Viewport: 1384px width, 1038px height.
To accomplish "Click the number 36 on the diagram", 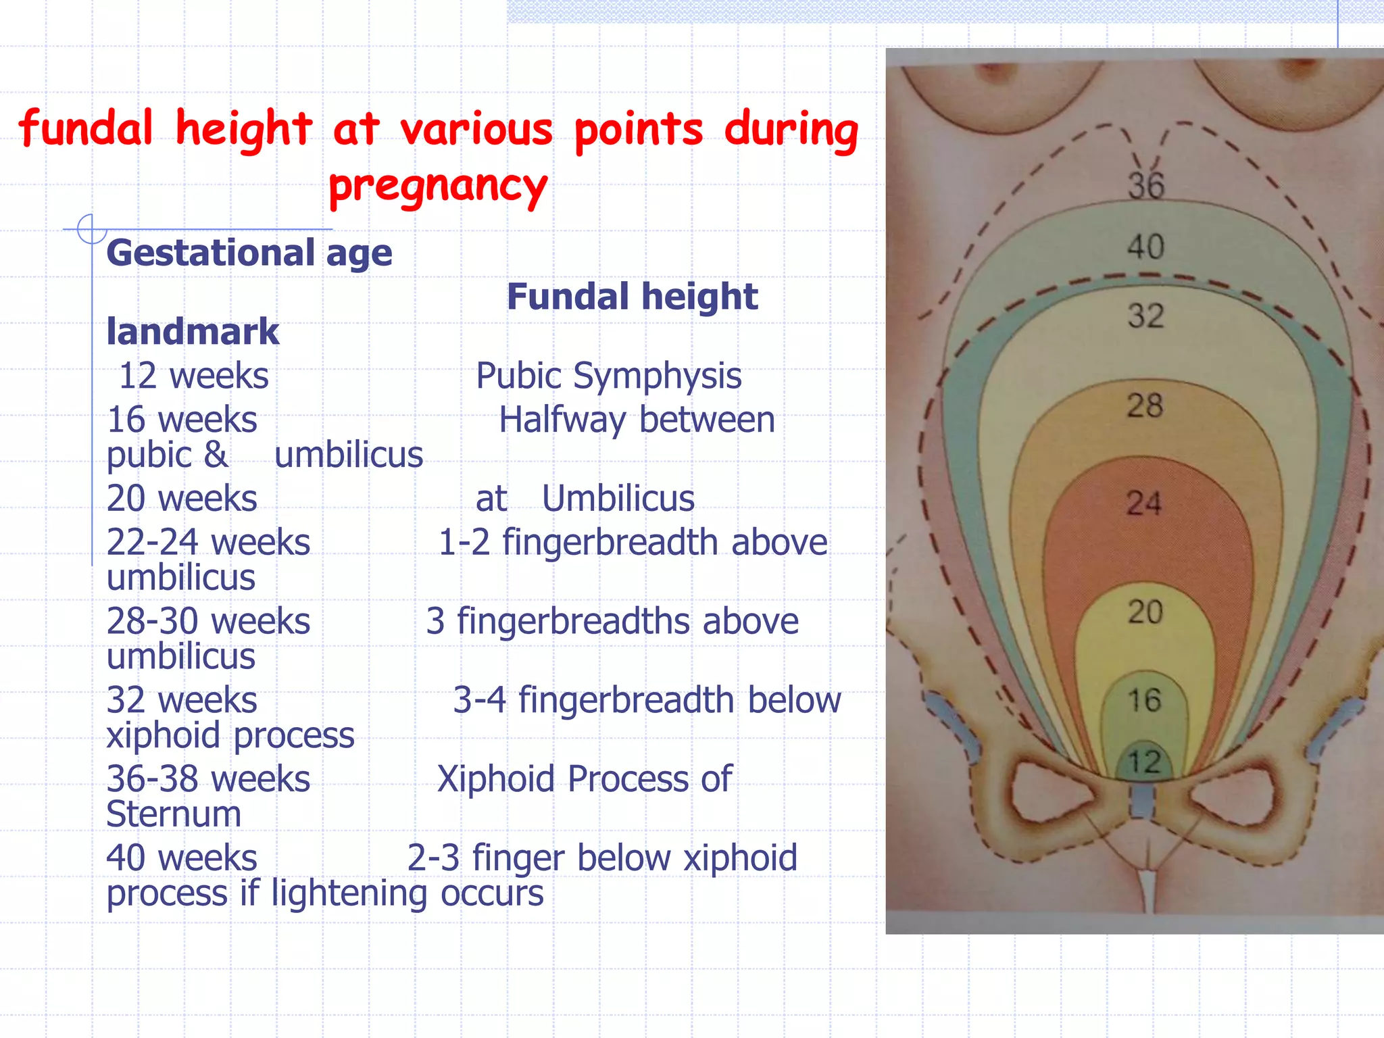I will click(1146, 185).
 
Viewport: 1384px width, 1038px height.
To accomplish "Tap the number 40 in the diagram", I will click(1145, 247).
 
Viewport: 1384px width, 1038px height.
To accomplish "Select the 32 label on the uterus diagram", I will click(1145, 316).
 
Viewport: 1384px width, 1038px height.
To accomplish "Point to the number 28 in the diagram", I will click(1145, 405).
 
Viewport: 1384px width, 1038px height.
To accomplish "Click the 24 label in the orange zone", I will click(1144, 503).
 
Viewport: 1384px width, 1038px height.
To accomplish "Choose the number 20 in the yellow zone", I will click(1145, 612).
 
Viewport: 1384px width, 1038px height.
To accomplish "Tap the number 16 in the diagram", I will click(1144, 699).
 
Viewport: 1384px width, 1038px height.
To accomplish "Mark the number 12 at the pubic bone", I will click(1144, 762).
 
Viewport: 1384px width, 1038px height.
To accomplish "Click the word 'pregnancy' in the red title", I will click(438, 186).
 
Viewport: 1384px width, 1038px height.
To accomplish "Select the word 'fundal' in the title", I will click(86, 128).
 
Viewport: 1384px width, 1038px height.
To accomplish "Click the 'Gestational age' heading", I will click(249, 253).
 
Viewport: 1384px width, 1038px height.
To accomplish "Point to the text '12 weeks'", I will click(194, 376).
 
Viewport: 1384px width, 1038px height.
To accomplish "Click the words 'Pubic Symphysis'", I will click(608, 376).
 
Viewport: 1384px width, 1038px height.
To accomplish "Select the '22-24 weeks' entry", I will click(208, 542).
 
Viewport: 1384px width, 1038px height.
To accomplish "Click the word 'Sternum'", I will click(174, 814).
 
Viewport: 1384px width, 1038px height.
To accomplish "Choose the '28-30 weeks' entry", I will click(208, 621).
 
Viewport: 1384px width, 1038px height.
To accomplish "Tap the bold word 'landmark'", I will click(193, 332).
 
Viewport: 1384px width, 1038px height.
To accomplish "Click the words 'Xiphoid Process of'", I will click(585, 778).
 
